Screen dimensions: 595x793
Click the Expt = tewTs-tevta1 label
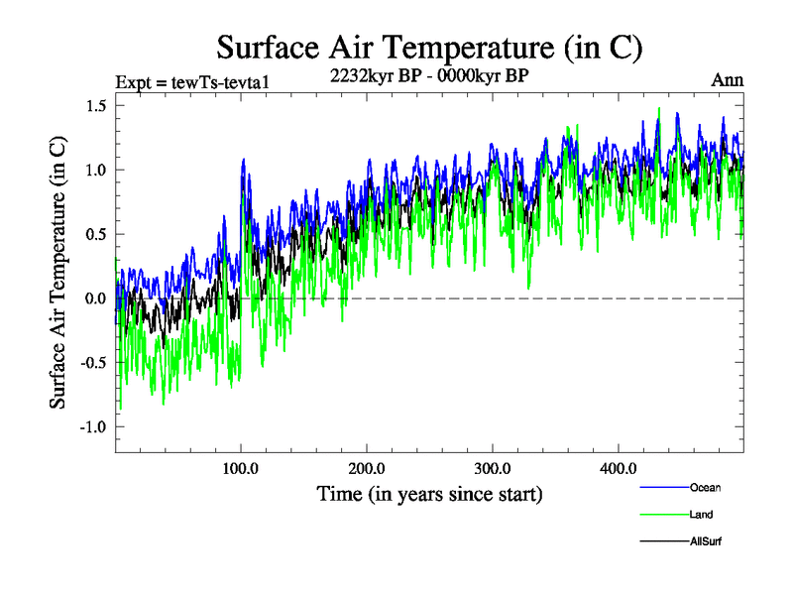click(x=184, y=80)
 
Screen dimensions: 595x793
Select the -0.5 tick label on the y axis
click(x=91, y=363)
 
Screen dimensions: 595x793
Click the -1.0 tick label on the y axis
click(x=91, y=427)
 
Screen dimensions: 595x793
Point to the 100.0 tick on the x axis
click(x=241, y=468)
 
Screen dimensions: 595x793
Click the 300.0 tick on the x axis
click(x=493, y=468)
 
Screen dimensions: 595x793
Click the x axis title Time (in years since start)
click(x=429, y=493)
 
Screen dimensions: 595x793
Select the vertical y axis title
click(x=58, y=270)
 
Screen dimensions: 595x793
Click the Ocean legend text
click(x=706, y=487)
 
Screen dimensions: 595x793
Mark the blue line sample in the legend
click(x=661, y=488)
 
